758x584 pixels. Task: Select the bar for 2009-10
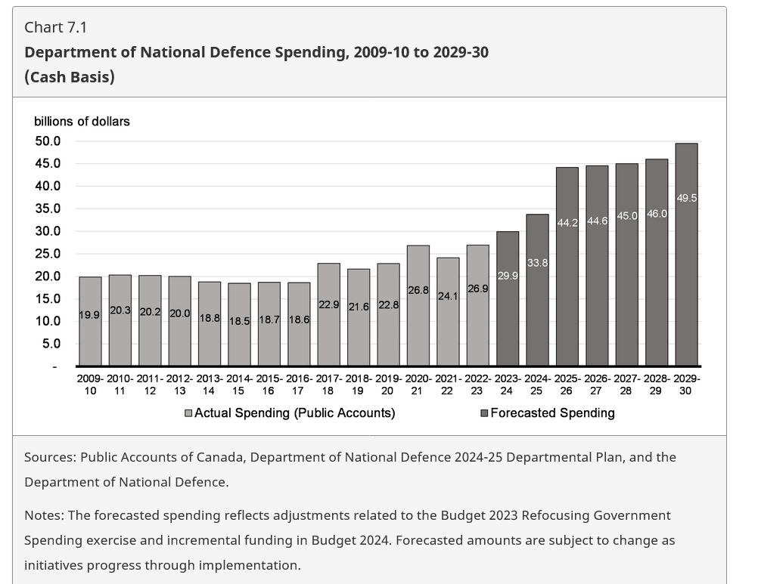tap(90, 321)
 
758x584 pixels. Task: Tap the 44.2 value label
tap(567, 223)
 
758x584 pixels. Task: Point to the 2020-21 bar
tap(418, 305)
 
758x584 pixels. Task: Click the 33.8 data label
tap(537, 263)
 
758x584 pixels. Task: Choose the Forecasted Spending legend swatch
tap(484, 413)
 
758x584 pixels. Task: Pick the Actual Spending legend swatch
tap(188, 413)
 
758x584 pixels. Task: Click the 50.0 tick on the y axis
tap(47, 141)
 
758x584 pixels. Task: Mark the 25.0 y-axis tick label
tap(47, 254)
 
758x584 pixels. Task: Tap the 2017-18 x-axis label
tap(329, 385)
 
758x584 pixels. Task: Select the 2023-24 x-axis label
tap(508, 385)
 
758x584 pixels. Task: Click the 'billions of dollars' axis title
tap(82, 122)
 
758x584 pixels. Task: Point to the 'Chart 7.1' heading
tap(55, 27)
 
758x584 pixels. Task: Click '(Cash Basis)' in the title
tap(70, 77)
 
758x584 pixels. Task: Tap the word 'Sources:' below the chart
tap(50, 457)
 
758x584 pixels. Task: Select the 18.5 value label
tap(240, 321)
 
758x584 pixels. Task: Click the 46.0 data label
tap(657, 214)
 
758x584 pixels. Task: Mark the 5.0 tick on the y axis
tap(51, 344)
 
